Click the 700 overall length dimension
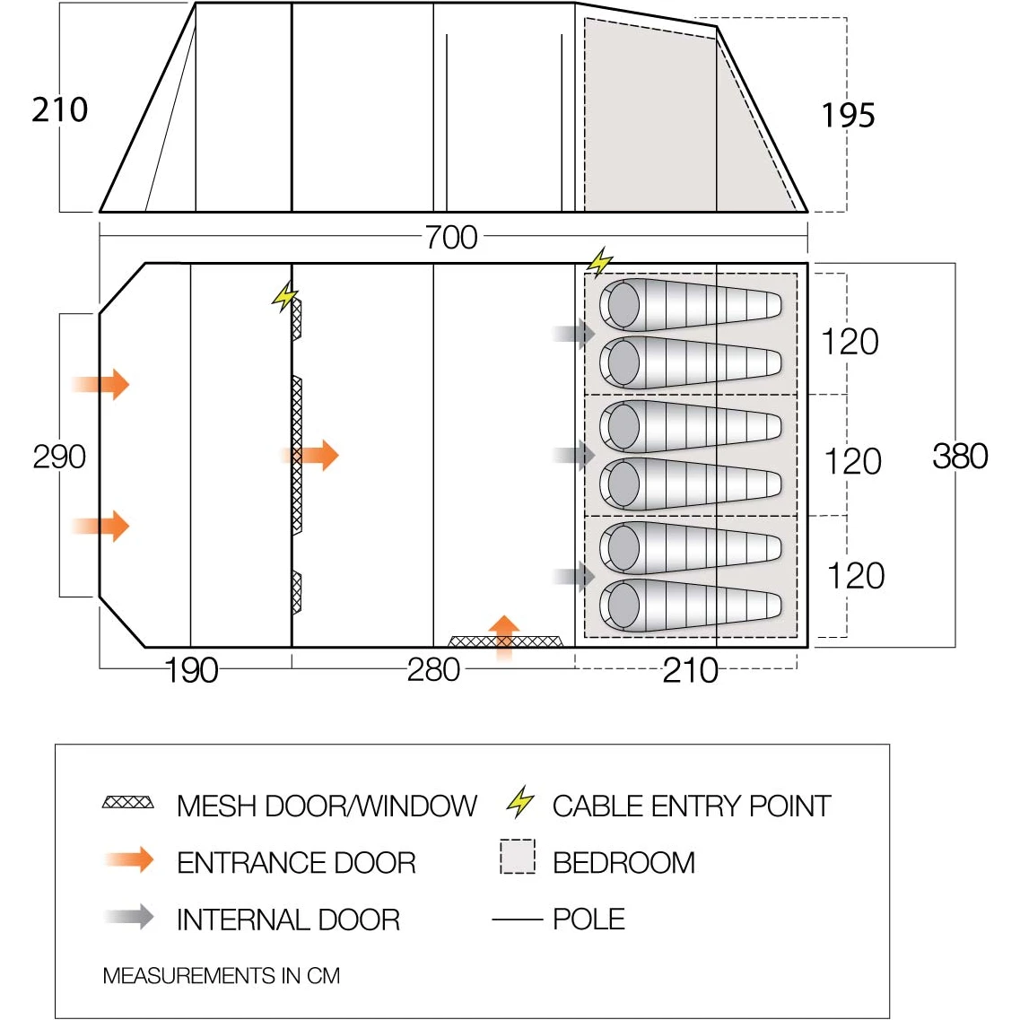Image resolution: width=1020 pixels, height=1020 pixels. tap(451, 237)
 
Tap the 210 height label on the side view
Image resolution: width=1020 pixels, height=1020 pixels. tap(60, 109)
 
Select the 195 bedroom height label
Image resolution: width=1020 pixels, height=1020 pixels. tap(848, 115)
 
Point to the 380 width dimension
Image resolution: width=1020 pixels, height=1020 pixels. tap(960, 456)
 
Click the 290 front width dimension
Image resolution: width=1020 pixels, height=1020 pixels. tap(59, 457)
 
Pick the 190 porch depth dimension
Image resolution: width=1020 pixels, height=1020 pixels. tap(192, 670)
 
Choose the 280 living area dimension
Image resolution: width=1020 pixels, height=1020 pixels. tap(433, 669)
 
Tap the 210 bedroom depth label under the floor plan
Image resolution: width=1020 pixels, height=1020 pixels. tap(690, 670)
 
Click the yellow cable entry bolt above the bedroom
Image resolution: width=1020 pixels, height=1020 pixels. tap(599, 262)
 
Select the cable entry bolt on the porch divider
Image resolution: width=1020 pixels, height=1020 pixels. tap(285, 296)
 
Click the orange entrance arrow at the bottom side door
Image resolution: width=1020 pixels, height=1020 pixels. tap(504, 637)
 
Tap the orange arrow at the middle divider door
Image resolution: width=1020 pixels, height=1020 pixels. tap(316, 455)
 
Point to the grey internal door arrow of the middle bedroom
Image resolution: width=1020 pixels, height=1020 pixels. tap(574, 455)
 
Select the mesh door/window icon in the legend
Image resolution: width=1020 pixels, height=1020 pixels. tap(128, 803)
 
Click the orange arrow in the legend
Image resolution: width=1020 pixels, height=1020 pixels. tap(130, 860)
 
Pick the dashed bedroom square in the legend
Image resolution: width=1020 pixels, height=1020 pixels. tap(518, 857)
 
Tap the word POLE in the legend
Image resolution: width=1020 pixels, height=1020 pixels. tap(588, 919)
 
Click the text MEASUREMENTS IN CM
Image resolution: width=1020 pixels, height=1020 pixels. tap(222, 975)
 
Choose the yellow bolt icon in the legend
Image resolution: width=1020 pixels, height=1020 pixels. tap(520, 801)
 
